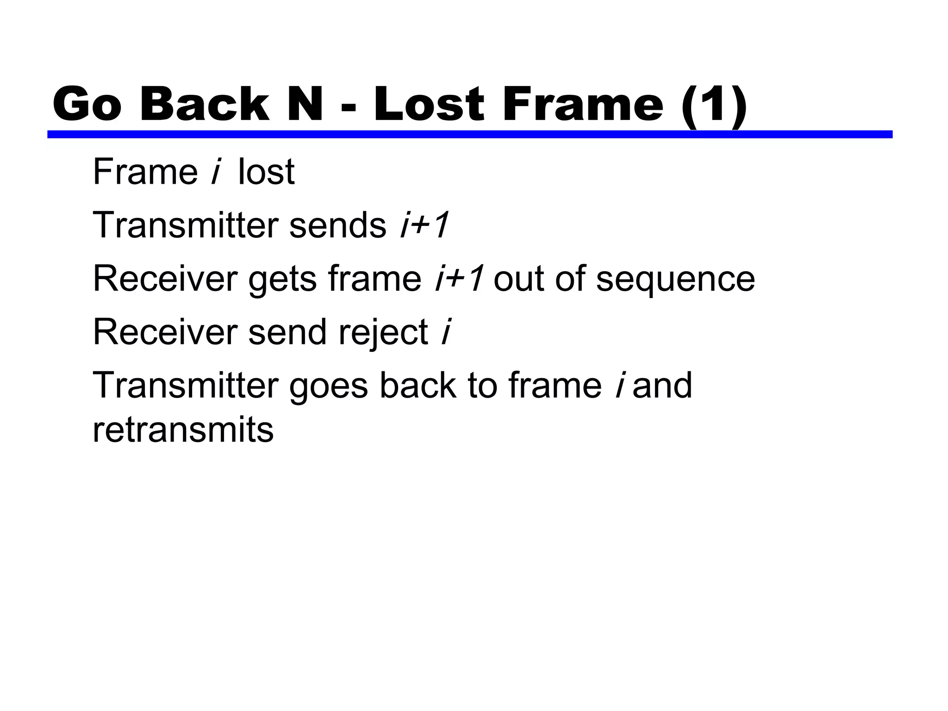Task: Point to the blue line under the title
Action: pos(469,134)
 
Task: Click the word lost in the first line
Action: pos(266,172)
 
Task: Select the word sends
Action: pos(337,225)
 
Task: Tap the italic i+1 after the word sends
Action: pos(424,225)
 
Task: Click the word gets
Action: pos(282,279)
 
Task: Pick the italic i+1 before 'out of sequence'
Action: pos(459,279)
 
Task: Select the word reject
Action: pos(383,333)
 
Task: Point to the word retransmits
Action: pos(183,430)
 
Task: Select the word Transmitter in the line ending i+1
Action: pos(186,225)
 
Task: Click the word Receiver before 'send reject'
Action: pos(165,332)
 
